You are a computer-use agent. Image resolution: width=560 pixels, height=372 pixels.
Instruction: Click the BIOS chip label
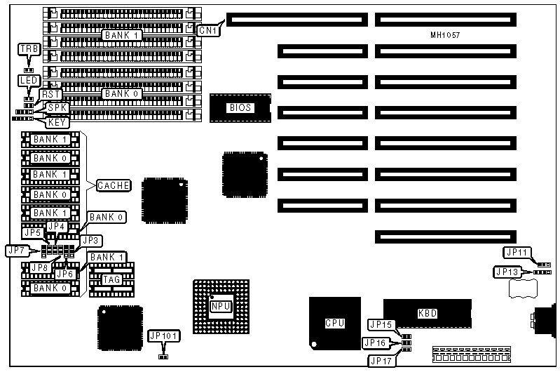click(x=240, y=107)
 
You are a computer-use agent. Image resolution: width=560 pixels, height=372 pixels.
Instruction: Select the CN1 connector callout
click(x=207, y=31)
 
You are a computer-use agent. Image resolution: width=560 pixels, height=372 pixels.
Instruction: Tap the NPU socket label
click(x=221, y=306)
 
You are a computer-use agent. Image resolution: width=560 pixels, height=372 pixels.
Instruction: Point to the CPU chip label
click(x=334, y=324)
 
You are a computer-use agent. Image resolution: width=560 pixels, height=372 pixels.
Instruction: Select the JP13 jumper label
click(x=508, y=272)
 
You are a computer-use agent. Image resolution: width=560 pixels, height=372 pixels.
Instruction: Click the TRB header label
click(x=29, y=49)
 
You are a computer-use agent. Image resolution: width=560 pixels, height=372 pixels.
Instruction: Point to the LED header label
click(x=29, y=81)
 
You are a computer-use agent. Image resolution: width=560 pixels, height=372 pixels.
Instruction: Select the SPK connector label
click(x=57, y=107)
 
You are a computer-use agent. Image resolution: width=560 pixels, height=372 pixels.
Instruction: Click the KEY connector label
click(x=57, y=122)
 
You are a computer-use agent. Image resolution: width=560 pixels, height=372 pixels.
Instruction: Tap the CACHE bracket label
click(x=112, y=185)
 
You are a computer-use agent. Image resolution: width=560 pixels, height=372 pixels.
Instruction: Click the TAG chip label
click(x=112, y=279)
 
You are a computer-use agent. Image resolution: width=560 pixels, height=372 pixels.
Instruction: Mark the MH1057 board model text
click(x=446, y=34)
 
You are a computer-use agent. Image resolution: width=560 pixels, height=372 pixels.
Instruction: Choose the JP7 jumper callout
click(x=15, y=249)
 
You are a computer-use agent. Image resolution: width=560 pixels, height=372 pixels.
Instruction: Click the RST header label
click(x=51, y=94)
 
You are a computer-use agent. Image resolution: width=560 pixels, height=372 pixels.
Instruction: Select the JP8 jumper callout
click(x=39, y=267)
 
